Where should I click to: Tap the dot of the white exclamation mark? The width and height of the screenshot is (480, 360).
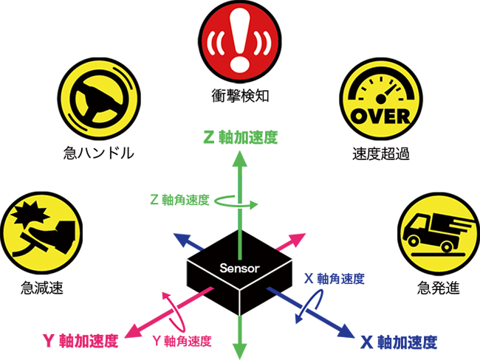tap(239, 64)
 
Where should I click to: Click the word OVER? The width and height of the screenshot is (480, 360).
tap(378, 116)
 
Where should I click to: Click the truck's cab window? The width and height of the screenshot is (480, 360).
tap(416, 223)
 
